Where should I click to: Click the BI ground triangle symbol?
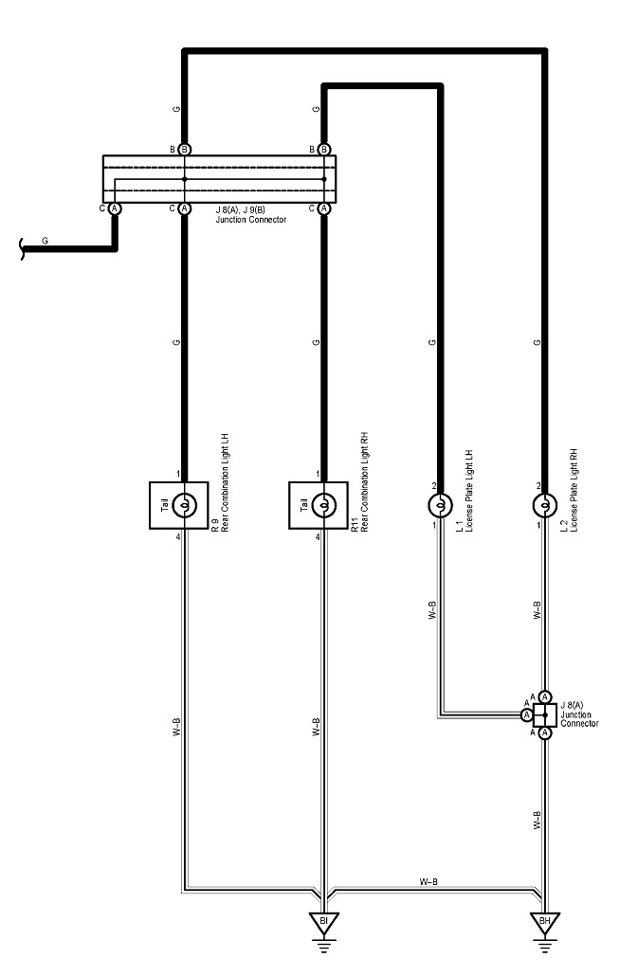[x=323, y=920]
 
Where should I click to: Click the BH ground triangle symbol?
[x=545, y=921]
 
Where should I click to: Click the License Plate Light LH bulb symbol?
[x=440, y=505]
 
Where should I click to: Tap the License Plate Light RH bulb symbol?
[x=544, y=505]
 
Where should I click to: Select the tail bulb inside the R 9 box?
[x=184, y=505]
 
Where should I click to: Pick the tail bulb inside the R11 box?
[x=323, y=505]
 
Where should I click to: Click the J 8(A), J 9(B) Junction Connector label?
[x=250, y=213]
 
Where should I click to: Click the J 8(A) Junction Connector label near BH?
[x=579, y=714]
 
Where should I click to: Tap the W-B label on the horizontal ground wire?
[x=428, y=881]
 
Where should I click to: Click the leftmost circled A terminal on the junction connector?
[x=114, y=208]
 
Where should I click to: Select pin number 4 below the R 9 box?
[x=177, y=537]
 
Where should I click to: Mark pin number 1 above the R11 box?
[x=317, y=474]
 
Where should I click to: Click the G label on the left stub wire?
[x=45, y=241]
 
